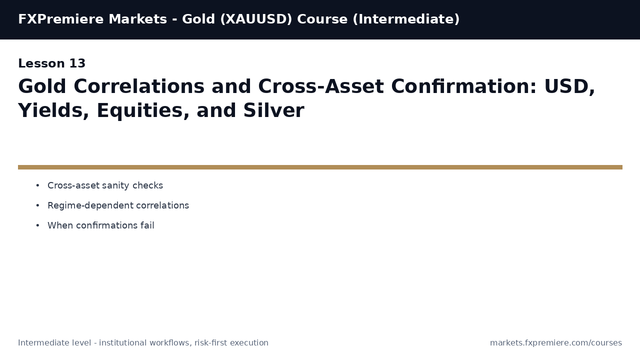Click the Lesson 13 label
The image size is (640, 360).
coord(52,64)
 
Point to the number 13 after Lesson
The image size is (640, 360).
coord(77,64)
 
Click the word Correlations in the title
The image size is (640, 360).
coord(139,87)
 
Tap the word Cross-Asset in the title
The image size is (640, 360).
coord(299,87)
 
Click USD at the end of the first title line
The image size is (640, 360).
coord(569,87)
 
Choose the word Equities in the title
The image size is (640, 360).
coord(143,111)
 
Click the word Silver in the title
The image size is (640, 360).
coord(273,111)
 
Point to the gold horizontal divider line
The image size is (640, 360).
coord(320,167)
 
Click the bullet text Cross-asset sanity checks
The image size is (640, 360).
coord(105,186)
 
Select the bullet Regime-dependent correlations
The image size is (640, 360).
coord(118,206)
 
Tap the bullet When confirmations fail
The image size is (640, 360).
coord(101,226)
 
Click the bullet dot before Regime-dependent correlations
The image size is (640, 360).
coord(37,206)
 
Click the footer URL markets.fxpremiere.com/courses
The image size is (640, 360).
coord(556,343)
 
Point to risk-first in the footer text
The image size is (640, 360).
coord(210,343)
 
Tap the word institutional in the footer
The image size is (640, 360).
coord(121,343)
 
